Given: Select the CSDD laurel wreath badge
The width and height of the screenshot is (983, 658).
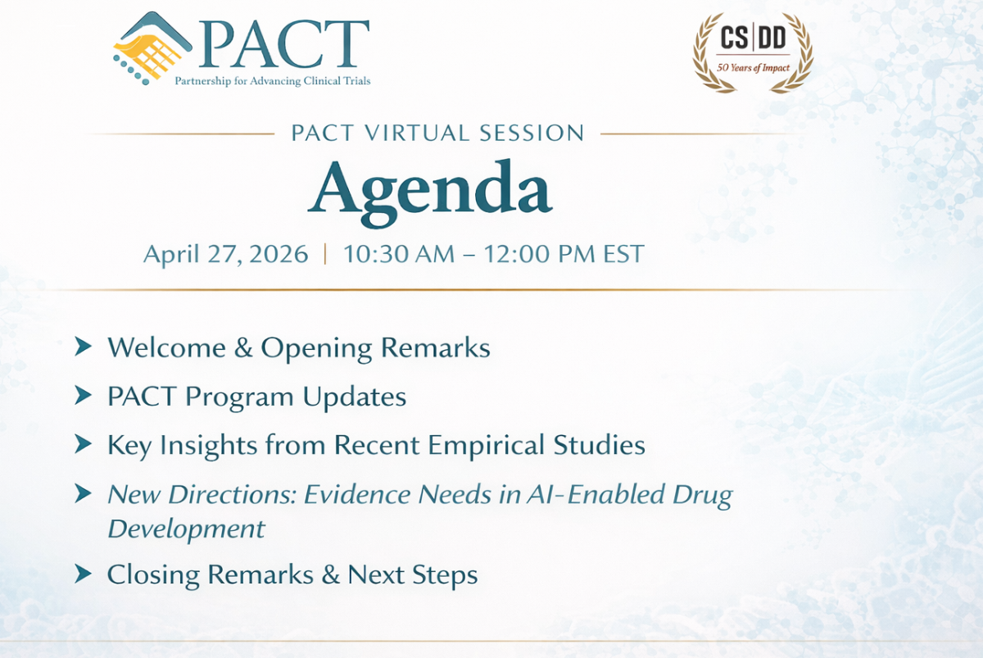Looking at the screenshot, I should pos(753,52).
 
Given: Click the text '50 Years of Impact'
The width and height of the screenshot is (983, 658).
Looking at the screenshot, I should pos(753,67).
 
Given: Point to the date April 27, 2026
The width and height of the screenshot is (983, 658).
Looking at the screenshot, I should pos(225,254).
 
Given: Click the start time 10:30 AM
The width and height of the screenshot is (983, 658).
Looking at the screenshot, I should pos(399,254).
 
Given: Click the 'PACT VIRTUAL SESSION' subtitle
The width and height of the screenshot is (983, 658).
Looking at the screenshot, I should pos(437,133).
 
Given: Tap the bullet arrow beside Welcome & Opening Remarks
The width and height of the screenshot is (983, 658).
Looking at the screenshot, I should pos(83,347).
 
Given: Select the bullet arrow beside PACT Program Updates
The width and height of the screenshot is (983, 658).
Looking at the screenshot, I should pos(83,397).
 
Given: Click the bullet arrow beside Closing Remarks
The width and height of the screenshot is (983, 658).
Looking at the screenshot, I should pos(83,574).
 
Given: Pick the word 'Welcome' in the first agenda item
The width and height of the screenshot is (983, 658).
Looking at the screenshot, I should pos(156,347).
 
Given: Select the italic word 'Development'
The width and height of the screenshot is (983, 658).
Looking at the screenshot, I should pos(186,529).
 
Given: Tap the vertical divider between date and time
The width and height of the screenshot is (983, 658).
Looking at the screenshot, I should pos(326,254).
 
